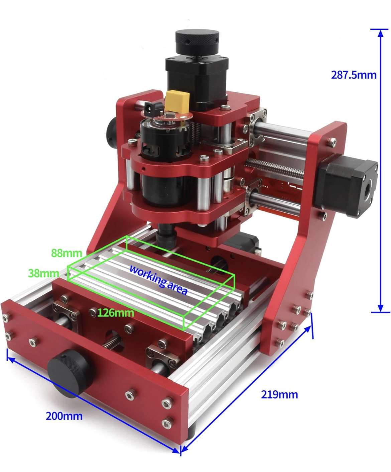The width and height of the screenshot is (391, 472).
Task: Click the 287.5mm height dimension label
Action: tap(353, 75)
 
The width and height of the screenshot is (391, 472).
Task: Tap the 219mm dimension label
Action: tap(279, 395)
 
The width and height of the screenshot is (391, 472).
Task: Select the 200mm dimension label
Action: tap(64, 416)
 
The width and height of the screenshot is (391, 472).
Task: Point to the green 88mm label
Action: tap(66, 253)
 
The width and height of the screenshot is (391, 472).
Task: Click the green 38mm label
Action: tap(43, 273)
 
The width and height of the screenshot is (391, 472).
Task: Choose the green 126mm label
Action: tap(115, 313)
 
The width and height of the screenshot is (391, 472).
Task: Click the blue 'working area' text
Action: tap(158, 280)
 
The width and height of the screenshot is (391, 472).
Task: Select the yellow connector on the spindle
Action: tap(177, 100)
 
